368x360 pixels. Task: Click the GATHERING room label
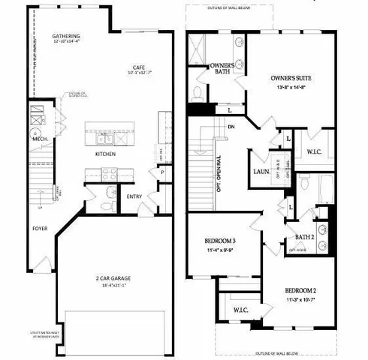click(67, 36)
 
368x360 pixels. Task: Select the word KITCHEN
click(106, 154)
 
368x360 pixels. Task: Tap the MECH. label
click(38, 139)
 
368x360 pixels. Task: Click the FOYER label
click(40, 226)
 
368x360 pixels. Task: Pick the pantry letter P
click(162, 172)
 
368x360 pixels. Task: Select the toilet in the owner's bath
click(197, 93)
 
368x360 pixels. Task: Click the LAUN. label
click(262, 172)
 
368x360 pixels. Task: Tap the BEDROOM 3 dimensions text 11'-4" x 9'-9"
click(221, 251)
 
